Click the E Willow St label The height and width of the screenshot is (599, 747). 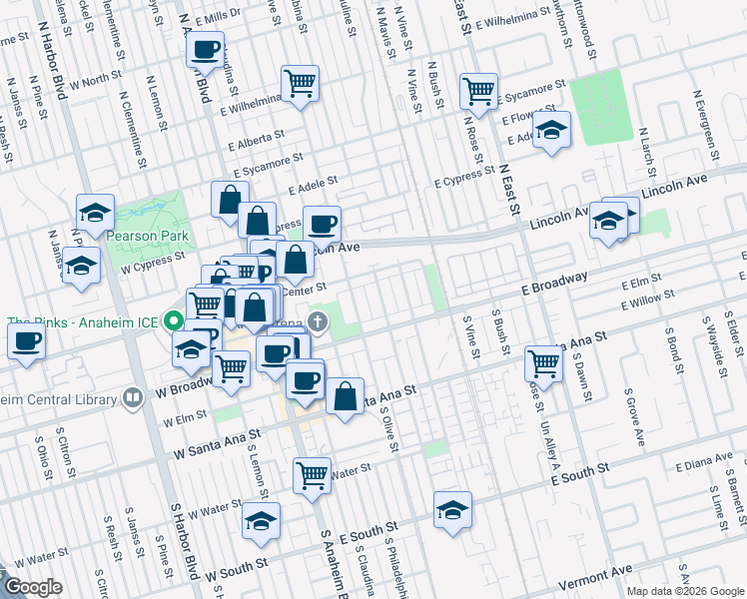click(x=647, y=297)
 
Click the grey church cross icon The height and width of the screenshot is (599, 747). click(x=318, y=321)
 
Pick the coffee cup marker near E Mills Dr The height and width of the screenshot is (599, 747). click(x=206, y=49)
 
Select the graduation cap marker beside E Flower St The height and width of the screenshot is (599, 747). click(x=551, y=131)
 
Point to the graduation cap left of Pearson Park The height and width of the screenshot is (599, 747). click(x=95, y=212)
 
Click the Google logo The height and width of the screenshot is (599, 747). click(x=33, y=587)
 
